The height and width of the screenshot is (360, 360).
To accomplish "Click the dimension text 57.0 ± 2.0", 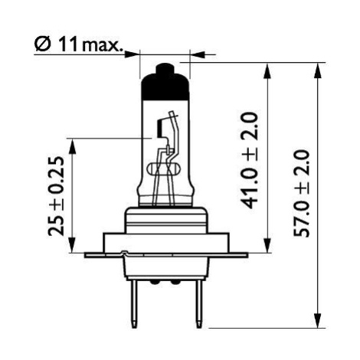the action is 302,193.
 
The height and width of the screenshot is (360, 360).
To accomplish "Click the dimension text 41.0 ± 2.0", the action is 249,161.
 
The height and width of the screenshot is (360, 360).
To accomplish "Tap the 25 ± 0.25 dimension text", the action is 56,196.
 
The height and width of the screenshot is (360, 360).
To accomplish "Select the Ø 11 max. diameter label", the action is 78,44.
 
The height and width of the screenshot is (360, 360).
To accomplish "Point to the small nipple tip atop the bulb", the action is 165,68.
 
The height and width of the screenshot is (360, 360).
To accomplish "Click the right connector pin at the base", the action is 198,303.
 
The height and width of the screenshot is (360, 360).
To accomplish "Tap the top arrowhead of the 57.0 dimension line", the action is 317,70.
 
